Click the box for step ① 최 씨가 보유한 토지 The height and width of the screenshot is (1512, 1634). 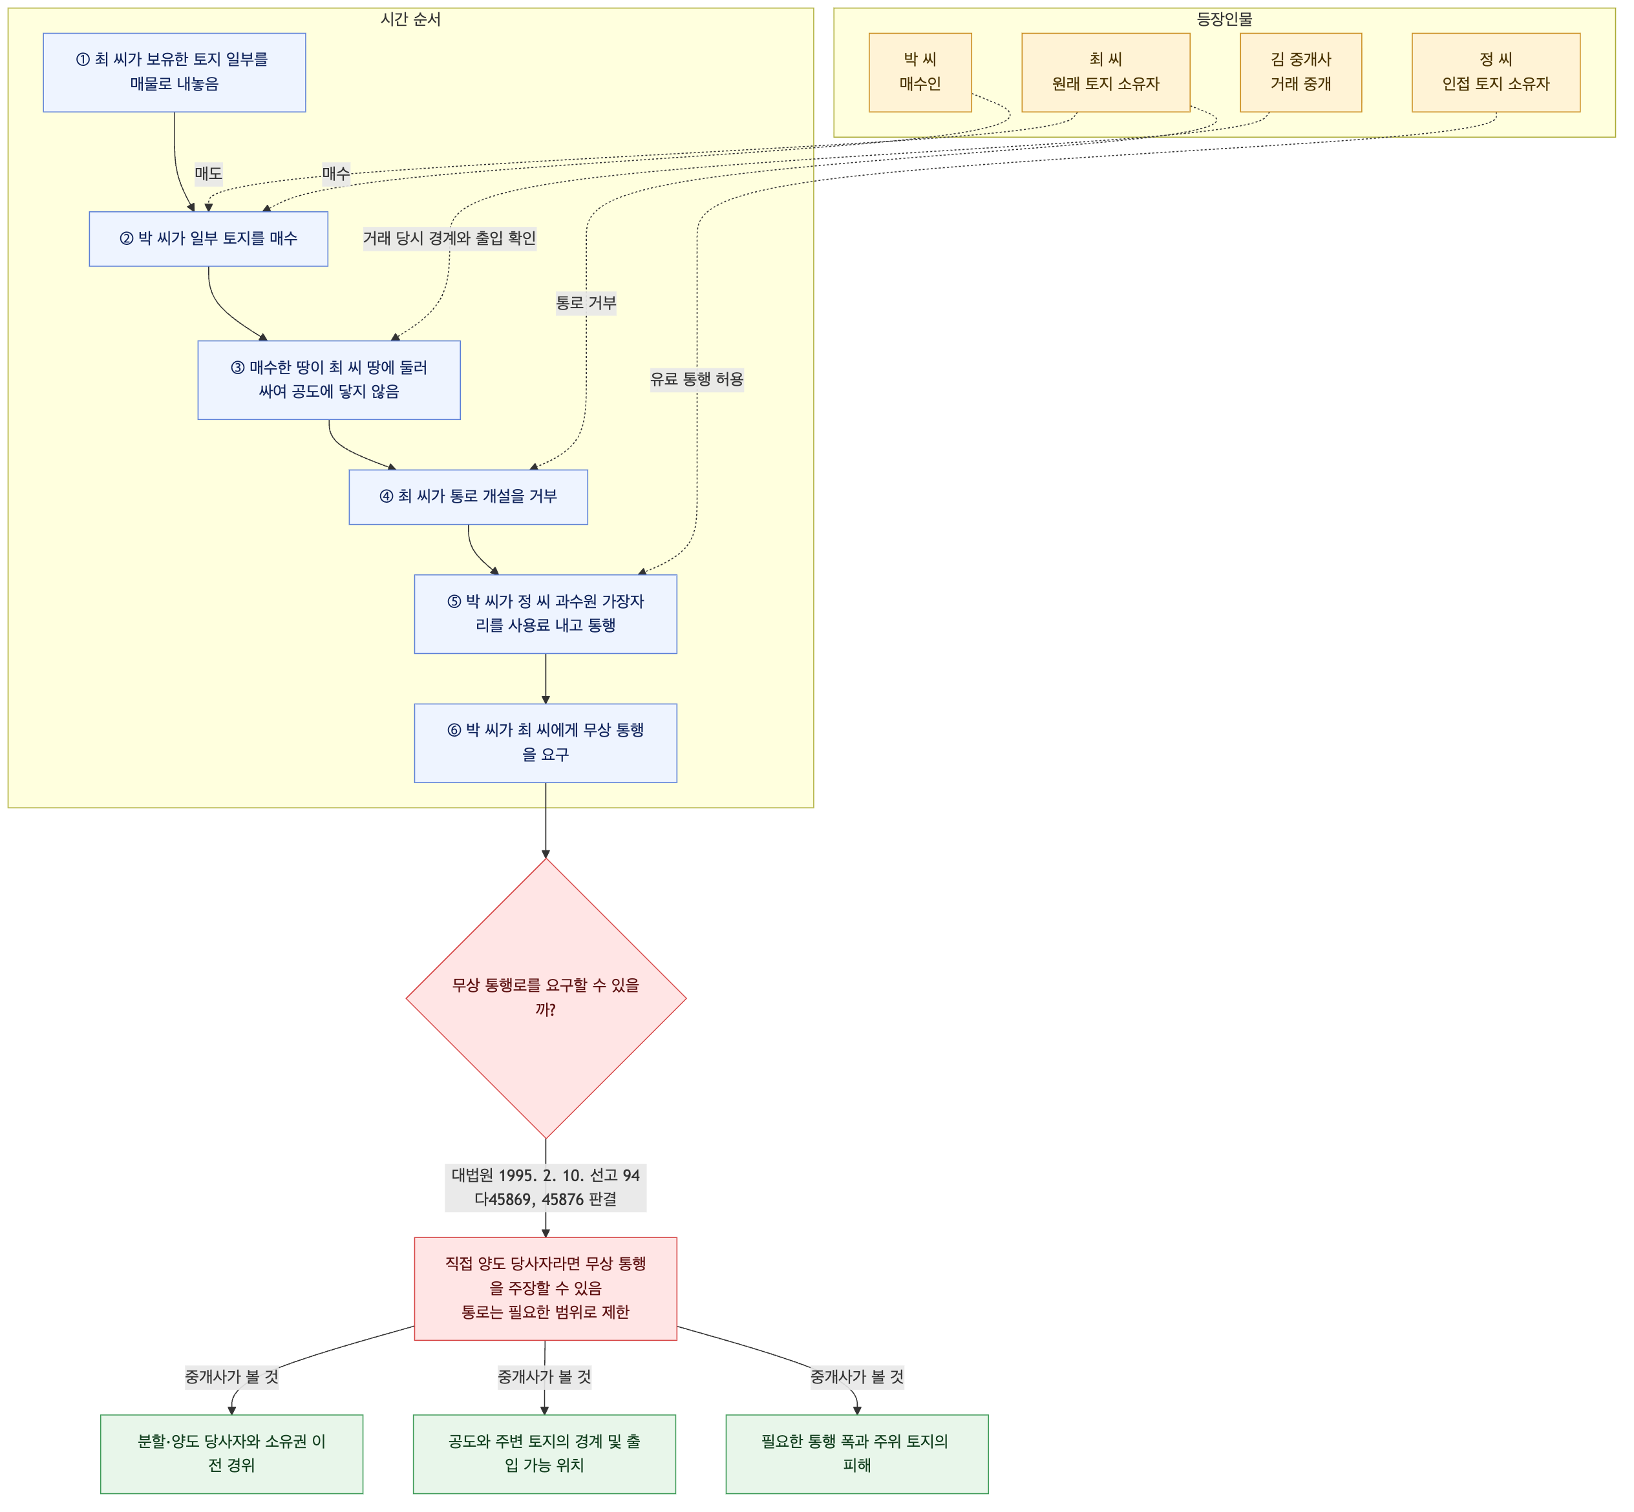click(x=175, y=72)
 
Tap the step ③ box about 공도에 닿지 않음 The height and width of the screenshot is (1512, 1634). click(x=329, y=380)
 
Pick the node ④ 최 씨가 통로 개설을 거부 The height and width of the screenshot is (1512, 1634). click(x=468, y=497)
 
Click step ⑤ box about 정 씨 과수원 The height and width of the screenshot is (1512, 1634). click(x=546, y=614)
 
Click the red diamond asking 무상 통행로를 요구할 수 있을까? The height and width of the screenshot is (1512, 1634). click(x=546, y=998)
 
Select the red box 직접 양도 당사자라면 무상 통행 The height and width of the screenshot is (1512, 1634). click(x=546, y=1288)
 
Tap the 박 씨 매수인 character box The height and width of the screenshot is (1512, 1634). click(x=920, y=72)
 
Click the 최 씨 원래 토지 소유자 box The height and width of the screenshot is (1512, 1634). click(x=1105, y=72)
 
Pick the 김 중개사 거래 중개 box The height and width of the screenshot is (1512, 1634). click(x=1301, y=72)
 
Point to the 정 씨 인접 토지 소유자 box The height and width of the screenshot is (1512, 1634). click(x=1496, y=72)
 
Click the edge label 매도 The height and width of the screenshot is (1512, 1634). click(x=209, y=173)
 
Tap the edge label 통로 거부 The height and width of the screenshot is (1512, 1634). click(x=586, y=303)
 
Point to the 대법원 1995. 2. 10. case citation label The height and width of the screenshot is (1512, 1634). click(x=546, y=1187)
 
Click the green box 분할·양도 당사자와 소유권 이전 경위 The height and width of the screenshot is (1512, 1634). click(x=231, y=1453)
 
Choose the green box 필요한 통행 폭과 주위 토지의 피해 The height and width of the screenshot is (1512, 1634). click(x=856, y=1453)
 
